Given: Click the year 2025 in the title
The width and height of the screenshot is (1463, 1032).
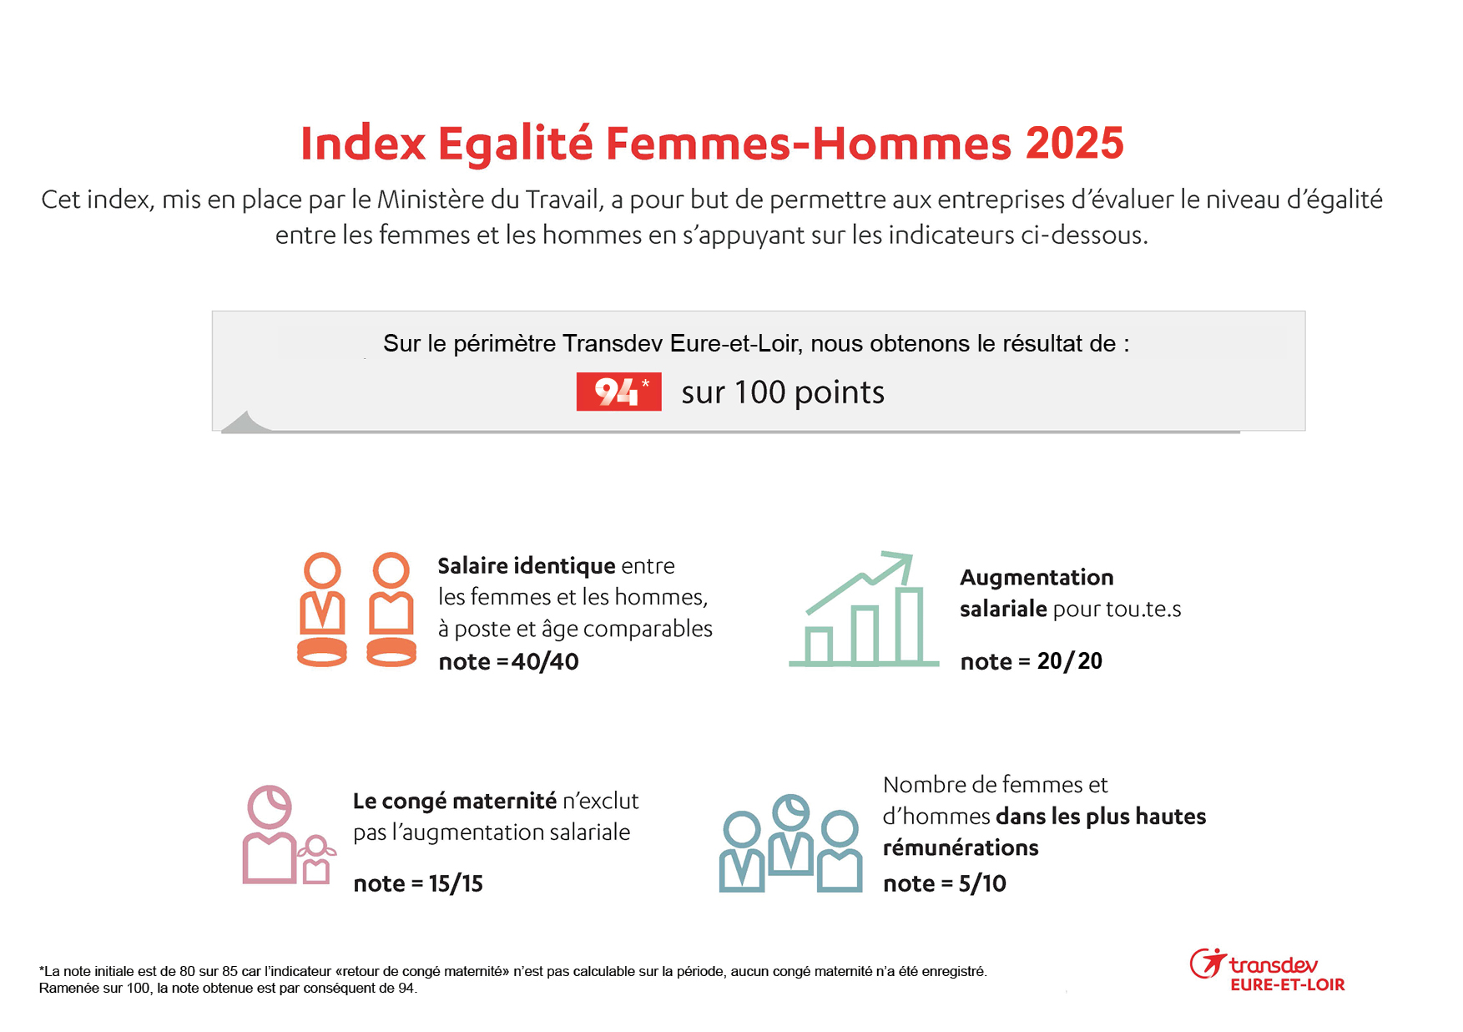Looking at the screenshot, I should (x=1074, y=144).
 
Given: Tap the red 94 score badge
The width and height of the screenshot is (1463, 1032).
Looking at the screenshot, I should (x=618, y=392).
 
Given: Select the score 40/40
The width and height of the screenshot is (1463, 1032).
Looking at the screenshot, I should (x=545, y=661).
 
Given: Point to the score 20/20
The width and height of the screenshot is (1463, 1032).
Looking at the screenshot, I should (x=1069, y=661).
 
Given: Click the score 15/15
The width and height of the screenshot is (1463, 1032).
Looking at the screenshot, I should (x=456, y=883).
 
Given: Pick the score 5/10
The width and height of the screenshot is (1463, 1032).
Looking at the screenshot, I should (x=982, y=883).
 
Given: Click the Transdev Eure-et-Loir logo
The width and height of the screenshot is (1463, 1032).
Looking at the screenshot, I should (x=1267, y=972).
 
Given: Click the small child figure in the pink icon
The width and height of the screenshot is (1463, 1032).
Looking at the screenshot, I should (x=316, y=860).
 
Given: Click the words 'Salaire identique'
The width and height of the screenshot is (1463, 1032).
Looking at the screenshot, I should (x=526, y=566).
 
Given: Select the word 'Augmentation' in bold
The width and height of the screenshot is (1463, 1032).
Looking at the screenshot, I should (x=1037, y=577).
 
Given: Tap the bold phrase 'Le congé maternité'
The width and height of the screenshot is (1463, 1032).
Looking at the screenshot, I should (x=454, y=801).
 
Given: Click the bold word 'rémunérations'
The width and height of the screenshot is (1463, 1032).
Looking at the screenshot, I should (x=961, y=847).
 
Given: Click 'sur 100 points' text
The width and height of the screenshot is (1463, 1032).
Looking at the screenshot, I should (x=782, y=392).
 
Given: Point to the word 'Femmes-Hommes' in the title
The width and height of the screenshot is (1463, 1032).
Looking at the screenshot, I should (x=808, y=144).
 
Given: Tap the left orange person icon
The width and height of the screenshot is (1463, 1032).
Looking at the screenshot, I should (x=322, y=609).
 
